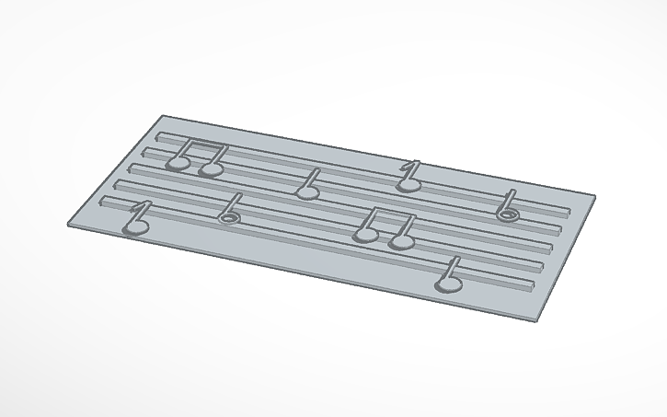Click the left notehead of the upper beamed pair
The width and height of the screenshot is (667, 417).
pyautogui.click(x=178, y=164)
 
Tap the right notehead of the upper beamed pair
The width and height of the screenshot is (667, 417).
pyautogui.click(x=212, y=168)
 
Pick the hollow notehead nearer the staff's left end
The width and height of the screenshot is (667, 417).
pyautogui.click(x=228, y=217)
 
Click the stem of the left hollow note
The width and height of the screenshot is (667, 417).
pyautogui.click(x=234, y=203)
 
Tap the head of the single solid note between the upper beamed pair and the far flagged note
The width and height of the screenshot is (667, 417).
pyautogui.click(x=307, y=191)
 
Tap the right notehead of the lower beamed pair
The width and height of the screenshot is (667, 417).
pyautogui.click(x=401, y=241)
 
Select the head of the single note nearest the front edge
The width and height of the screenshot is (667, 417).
pyautogui.click(x=448, y=284)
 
